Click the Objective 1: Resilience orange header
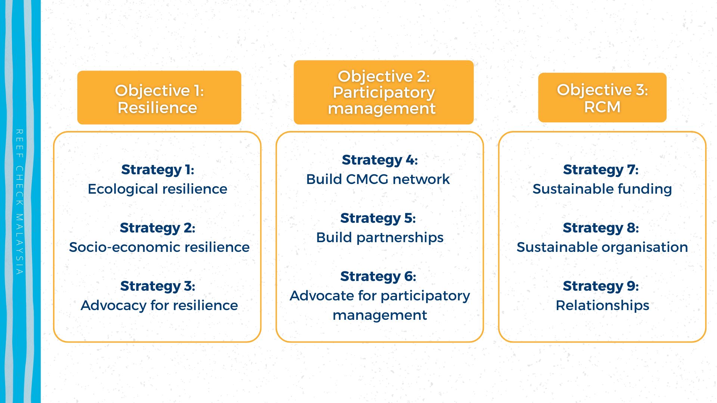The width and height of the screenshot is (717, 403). (159, 97)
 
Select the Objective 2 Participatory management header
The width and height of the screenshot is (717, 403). (384, 92)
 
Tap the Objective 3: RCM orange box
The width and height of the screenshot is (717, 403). (602, 97)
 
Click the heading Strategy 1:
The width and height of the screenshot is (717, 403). (158, 170)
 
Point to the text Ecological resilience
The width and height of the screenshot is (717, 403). (158, 189)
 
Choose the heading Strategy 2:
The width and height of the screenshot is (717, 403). (158, 228)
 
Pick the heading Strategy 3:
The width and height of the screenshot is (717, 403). (158, 286)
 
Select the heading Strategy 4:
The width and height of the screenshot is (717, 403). (380, 160)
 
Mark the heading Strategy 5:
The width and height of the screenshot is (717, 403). (378, 218)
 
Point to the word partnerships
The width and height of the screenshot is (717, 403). (400, 238)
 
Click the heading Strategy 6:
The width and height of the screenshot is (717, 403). (378, 277)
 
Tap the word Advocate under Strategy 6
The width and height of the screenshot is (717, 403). (322, 296)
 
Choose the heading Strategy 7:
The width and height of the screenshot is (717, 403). (601, 170)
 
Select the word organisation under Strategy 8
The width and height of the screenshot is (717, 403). (645, 247)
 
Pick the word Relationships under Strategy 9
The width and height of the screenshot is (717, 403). (602, 306)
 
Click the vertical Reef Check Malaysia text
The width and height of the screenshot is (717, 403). (19, 202)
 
